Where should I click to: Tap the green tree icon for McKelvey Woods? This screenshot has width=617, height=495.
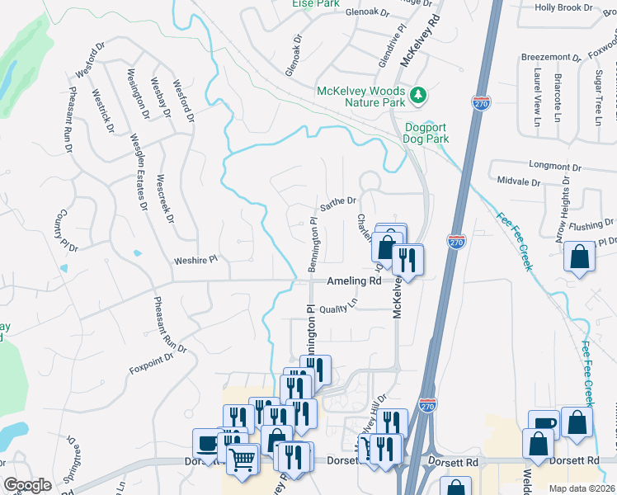point(419,97)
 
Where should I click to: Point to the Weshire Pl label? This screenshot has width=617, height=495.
point(195,260)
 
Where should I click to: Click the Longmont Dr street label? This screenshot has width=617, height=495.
point(541,165)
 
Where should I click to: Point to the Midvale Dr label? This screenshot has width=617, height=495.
point(518,181)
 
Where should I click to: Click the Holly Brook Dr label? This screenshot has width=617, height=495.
point(563,7)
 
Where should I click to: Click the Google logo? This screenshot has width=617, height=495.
point(27,485)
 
